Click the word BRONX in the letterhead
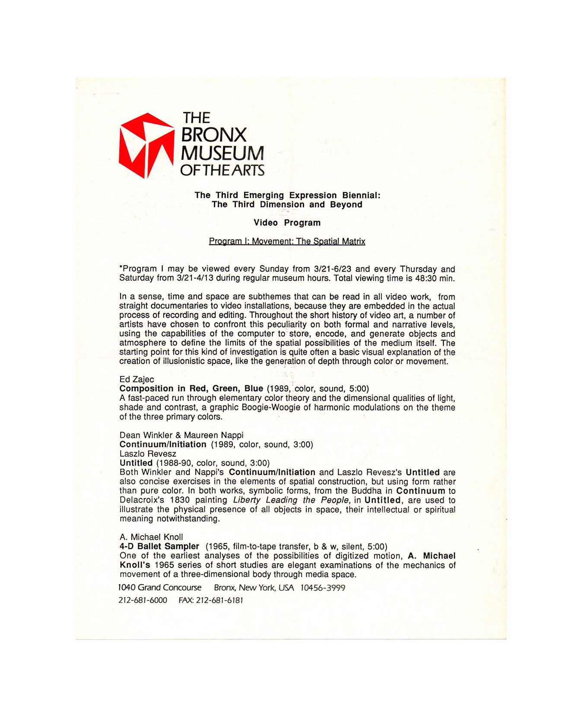[x=214, y=135]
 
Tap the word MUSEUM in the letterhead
[x=222, y=152]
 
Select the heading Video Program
[x=287, y=223]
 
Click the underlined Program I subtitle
[x=287, y=241]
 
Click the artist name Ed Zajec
[x=137, y=379]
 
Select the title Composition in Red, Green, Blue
[x=191, y=388]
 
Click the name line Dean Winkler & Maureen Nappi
[x=181, y=435]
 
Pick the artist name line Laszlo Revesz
[x=148, y=454]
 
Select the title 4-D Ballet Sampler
[x=159, y=546]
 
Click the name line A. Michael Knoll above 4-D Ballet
[x=151, y=537]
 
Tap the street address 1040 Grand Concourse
[x=160, y=587]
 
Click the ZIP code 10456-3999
[x=323, y=588]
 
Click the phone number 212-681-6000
[x=143, y=600]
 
